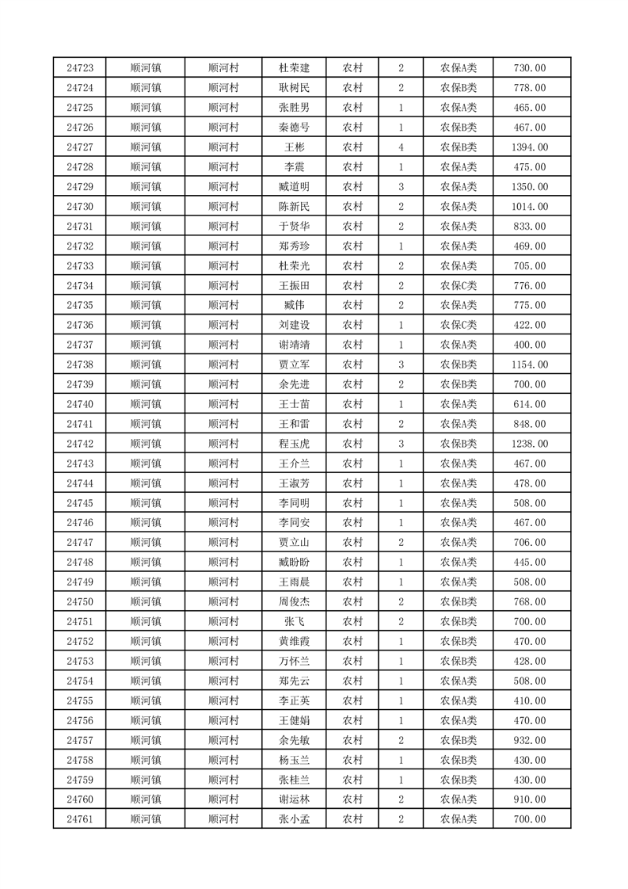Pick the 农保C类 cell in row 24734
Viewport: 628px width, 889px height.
click(458, 285)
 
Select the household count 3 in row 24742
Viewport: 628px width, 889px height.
click(402, 444)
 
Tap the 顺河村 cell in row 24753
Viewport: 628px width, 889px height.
click(223, 661)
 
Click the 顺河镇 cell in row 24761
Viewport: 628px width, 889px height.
click(146, 819)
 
